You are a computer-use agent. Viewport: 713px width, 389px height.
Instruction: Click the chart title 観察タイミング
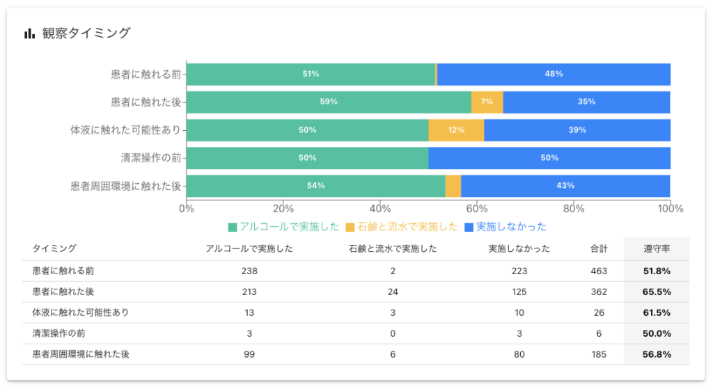pyautogui.click(x=86, y=33)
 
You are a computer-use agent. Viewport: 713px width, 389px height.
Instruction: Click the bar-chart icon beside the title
pyautogui.click(x=29, y=33)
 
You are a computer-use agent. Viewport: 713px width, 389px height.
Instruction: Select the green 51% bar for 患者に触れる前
pyautogui.click(x=311, y=74)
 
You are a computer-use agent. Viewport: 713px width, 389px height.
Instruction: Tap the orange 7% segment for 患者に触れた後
pyautogui.click(x=487, y=102)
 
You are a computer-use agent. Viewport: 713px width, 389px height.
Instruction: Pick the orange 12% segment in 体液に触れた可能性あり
pyautogui.click(x=456, y=130)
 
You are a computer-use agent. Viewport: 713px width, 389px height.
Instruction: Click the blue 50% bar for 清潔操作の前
pyautogui.click(x=549, y=158)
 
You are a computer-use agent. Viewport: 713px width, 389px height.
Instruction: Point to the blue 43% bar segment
pyautogui.click(x=565, y=186)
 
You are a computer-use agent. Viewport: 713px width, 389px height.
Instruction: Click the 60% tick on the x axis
pyautogui.click(x=476, y=208)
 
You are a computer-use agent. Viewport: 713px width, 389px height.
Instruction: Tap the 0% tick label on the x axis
pyautogui.click(x=186, y=208)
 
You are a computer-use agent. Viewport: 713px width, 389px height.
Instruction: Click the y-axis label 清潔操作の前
pyautogui.click(x=151, y=158)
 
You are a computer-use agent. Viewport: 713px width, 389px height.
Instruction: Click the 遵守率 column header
pyautogui.click(x=657, y=248)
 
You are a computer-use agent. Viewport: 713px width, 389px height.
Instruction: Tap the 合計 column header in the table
pyautogui.click(x=599, y=248)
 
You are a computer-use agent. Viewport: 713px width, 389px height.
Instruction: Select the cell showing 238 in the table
pyautogui.click(x=249, y=271)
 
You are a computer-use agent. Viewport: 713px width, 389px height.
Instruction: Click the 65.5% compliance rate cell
pyautogui.click(x=657, y=292)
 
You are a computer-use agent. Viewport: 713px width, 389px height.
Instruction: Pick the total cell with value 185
pyautogui.click(x=599, y=354)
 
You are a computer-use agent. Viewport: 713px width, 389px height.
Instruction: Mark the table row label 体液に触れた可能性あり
pyautogui.click(x=81, y=312)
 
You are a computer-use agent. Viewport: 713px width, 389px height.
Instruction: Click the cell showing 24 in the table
pyautogui.click(x=393, y=292)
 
